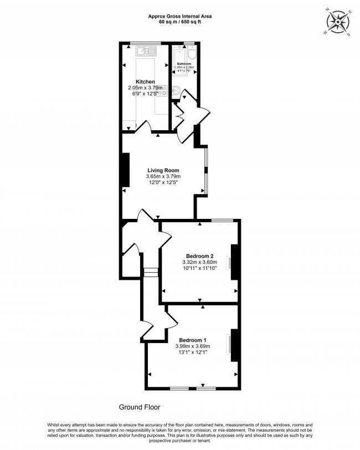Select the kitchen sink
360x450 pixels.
[147, 52]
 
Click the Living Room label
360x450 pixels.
[163, 170]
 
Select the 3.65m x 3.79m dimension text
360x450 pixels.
[163, 177]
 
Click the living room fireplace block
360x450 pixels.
[125, 169]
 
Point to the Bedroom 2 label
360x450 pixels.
[199, 255]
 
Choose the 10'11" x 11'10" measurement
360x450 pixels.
[199, 268]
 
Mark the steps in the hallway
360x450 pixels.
[150, 272]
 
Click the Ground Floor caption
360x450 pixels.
[140, 407]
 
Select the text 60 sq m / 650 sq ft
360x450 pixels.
[180, 23]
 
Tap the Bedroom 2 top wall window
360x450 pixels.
[222, 221]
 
